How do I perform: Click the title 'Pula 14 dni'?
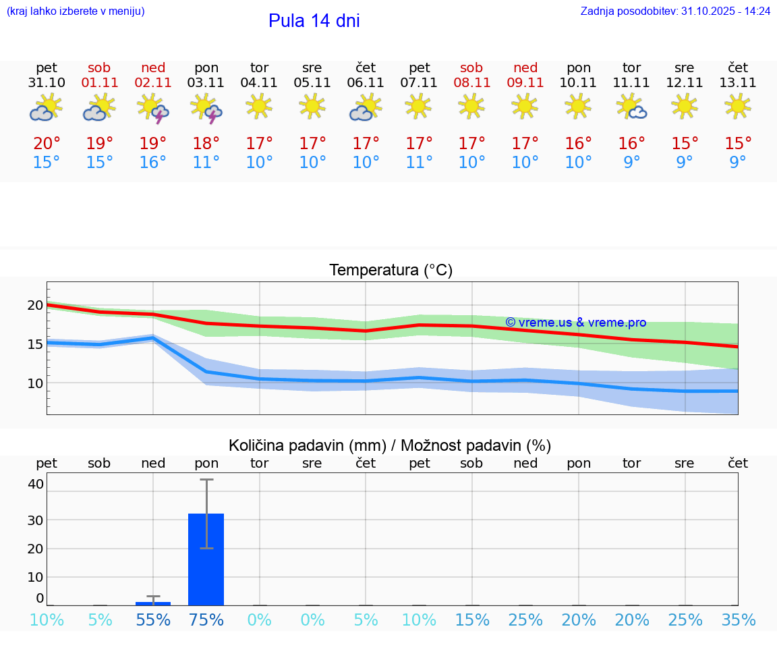[314, 21]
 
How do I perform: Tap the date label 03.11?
[206, 83]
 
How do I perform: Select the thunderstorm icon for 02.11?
[152, 108]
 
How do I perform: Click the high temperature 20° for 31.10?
[47, 144]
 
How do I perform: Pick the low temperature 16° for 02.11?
[152, 163]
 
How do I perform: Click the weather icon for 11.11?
[631, 107]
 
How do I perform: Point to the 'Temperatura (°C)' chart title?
[391, 271]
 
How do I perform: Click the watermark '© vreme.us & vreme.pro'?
[575, 323]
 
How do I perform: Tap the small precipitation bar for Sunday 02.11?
[153, 603]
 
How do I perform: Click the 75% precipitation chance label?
[206, 620]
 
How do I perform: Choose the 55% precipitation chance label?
[153, 620]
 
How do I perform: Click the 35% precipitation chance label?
[738, 620]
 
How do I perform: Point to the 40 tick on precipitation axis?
[36, 484]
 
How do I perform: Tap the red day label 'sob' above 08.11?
[471, 67]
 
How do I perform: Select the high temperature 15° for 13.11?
[738, 144]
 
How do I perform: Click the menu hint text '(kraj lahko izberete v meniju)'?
[76, 11]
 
